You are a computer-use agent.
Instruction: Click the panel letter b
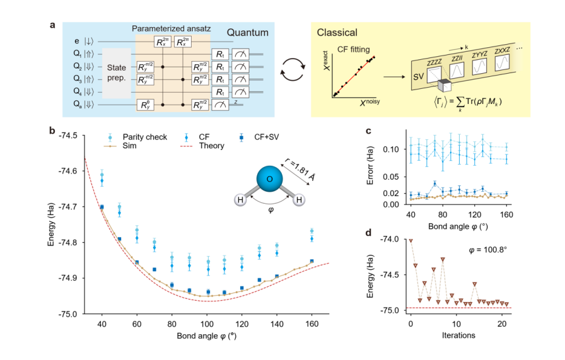tap(52, 132)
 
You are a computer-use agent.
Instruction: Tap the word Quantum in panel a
tap(248, 32)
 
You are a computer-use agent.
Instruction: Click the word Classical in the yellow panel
tap(337, 32)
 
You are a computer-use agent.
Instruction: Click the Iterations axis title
tap(458, 335)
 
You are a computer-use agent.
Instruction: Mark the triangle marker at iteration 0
tap(411, 240)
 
